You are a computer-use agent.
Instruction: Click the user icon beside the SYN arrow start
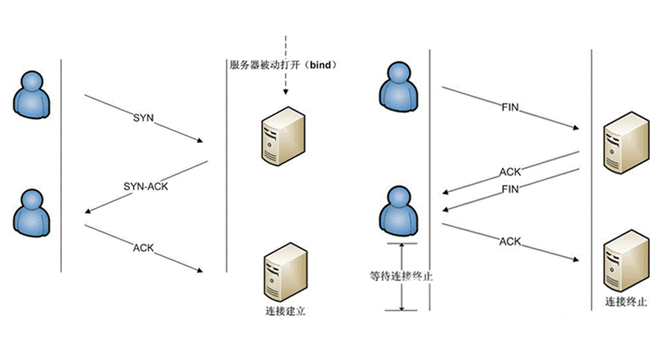[x=33, y=92]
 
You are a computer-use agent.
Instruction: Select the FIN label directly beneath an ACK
[x=510, y=190]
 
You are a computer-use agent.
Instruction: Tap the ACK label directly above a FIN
[x=510, y=172]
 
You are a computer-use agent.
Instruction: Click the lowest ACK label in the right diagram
[x=510, y=241]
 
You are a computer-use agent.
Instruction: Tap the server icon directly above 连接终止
[x=623, y=260]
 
